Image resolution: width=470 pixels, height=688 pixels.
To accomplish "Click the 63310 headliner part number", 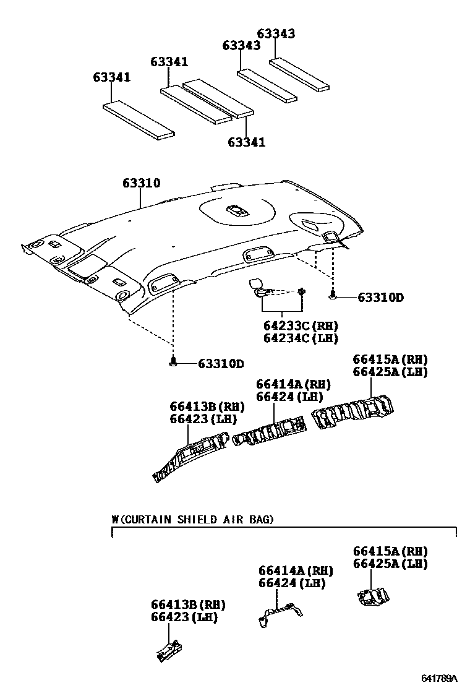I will coord(141,183).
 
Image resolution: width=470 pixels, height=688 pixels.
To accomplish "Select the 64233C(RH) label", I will coord(301,325).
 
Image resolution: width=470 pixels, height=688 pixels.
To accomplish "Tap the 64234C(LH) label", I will coord(301,338).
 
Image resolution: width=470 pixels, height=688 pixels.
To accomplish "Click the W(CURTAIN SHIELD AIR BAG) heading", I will coord(192,519).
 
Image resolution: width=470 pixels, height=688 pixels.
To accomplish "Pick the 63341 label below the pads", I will coord(246,142).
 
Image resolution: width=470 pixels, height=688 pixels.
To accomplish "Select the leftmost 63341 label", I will coord(112,77).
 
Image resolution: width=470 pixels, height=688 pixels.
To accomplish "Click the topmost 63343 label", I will coord(276,33).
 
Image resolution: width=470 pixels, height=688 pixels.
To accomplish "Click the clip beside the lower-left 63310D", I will coord(174,363).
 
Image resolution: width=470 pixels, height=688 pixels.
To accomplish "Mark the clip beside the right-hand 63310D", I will coord(333,296).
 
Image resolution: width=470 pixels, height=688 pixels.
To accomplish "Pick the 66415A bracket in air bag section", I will coord(372,596).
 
